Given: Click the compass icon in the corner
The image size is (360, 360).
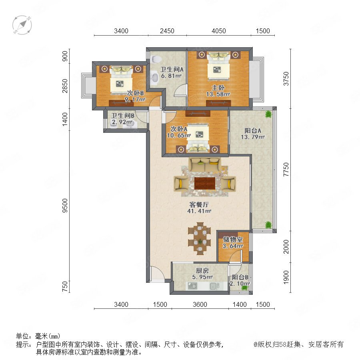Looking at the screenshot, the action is pos(22,25).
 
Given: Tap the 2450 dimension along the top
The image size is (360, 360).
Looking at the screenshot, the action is pos(167,31).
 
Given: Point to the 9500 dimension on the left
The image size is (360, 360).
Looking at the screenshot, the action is pos(65,206).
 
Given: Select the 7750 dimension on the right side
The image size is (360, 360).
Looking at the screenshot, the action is pos(286,169).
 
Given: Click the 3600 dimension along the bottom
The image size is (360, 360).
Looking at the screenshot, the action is pos(200,304).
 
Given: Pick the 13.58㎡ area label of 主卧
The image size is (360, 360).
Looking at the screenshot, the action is pos(218,94).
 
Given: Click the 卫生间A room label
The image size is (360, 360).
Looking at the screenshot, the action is pos(172,69).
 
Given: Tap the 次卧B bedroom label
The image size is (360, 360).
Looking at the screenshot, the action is pos(136,93).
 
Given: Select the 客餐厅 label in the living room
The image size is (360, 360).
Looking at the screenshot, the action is pos(199,204).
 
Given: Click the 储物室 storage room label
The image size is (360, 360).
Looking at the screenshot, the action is pos(233,240).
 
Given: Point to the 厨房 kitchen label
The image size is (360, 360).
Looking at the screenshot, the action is pos(202,271).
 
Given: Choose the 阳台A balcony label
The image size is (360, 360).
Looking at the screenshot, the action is pos(253,131).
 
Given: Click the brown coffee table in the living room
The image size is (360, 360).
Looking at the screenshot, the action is pos(205,183).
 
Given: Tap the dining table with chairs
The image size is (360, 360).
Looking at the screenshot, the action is pos(199,238).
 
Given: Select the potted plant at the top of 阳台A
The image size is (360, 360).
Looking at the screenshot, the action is pos(268,114).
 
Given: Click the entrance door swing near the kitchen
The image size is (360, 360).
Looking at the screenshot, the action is pos(157,273).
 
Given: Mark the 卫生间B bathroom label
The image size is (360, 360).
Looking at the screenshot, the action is pos(123,116).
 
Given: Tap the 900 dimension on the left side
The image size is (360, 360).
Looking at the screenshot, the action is pos(65,56).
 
